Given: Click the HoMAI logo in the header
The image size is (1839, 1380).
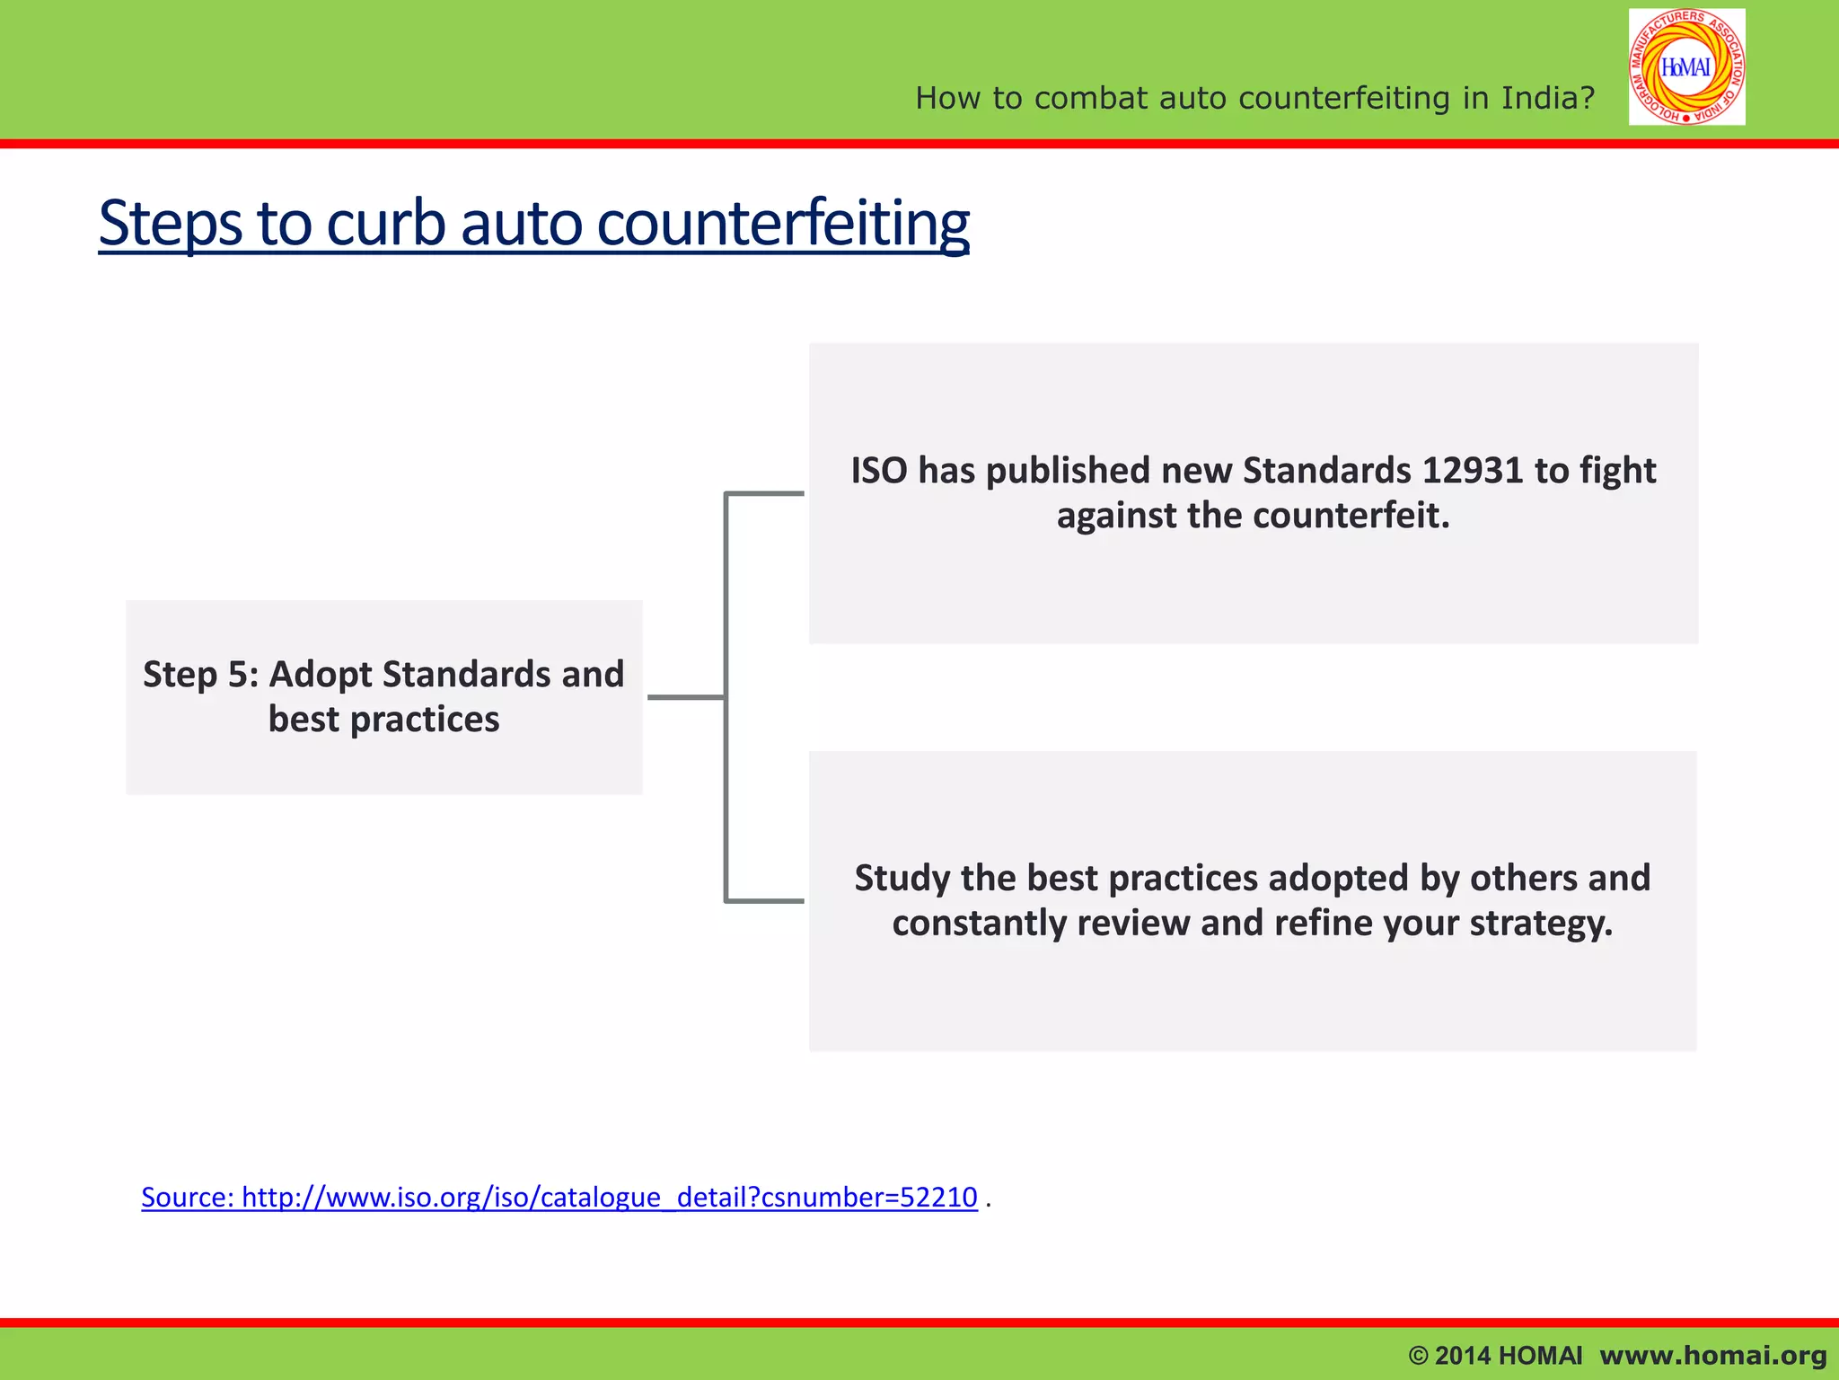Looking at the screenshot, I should pyautogui.click(x=1686, y=67).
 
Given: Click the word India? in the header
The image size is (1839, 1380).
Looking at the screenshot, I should pyautogui.click(x=1548, y=98).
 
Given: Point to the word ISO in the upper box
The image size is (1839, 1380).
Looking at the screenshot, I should pyautogui.click(x=878, y=471).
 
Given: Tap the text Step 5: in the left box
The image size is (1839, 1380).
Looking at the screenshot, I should pyautogui.click(x=200, y=675).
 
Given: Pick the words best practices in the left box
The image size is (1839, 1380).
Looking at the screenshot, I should pyautogui.click(x=383, y=720).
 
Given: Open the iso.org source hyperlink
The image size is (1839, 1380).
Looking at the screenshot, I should pyautogui.click(x=559, y=1197).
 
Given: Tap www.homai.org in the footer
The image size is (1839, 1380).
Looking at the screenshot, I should pyautogui.click(x=1712, y=1355).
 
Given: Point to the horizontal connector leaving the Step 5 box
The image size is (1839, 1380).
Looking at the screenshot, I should pyautogui.click(x=685, y=696).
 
